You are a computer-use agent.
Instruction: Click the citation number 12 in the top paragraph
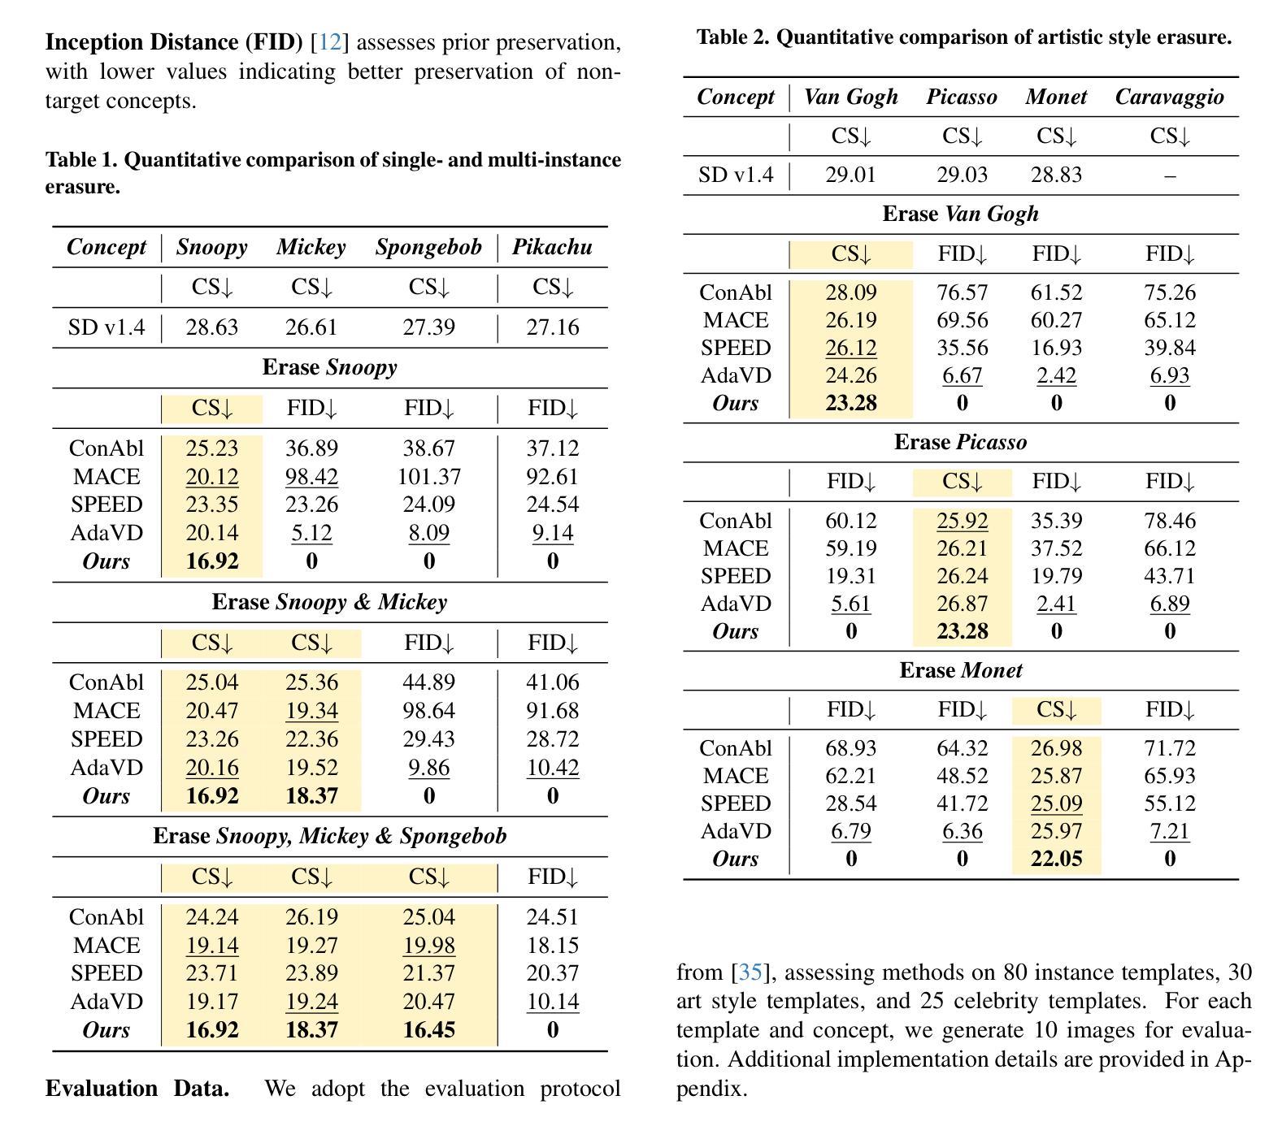coord(329,42)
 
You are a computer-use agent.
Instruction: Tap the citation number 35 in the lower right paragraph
coord(750,972)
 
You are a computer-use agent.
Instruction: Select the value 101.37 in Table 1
coord(428,477)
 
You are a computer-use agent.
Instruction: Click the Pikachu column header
coord(552,247)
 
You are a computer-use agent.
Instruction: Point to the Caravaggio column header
coord(1169,97)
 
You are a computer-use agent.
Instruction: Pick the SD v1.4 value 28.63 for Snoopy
coord(211,327)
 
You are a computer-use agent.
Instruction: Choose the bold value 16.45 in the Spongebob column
coord(428,1030)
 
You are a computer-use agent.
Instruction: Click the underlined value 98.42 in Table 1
coord(311,477)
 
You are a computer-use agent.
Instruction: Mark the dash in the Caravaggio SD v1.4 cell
coord(1169,175)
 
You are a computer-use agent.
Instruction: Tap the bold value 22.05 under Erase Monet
coord(1056,859)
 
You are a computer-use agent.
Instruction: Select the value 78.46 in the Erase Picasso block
coord(1169,521)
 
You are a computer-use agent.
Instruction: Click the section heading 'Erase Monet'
coord(960,670)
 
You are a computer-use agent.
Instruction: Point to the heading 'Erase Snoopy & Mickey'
coord(329,602)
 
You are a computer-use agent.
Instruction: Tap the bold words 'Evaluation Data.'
coord(137,1089)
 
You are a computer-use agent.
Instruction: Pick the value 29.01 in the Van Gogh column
coord(850,175)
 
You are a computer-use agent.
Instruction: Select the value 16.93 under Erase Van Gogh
coord(1056,348)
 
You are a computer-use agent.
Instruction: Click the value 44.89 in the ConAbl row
coord(428,682)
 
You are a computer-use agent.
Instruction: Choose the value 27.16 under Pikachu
coord(552,327)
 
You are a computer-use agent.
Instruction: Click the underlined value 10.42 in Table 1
coord(552,768)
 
